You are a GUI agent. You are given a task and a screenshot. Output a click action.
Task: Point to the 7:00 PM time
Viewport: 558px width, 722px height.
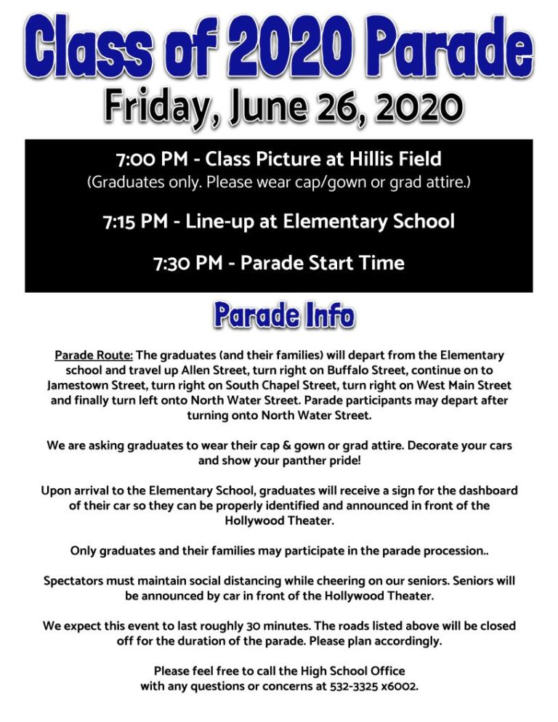(150, 158)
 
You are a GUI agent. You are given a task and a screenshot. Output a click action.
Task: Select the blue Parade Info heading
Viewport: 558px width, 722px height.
(283, 315)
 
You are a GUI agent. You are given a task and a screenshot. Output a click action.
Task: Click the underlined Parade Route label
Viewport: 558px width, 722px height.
(94, 356)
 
